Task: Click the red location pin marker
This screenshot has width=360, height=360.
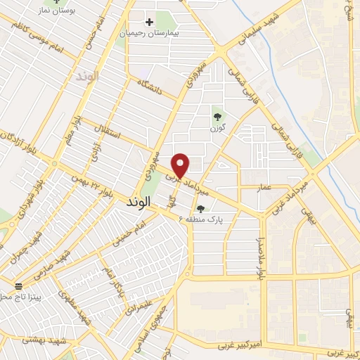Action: [181, 165]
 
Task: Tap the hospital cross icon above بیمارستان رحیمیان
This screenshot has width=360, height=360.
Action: [149, 22]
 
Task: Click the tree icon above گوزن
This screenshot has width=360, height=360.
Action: [216, 117]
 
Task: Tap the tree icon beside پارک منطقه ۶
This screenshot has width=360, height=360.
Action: [201, 208]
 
